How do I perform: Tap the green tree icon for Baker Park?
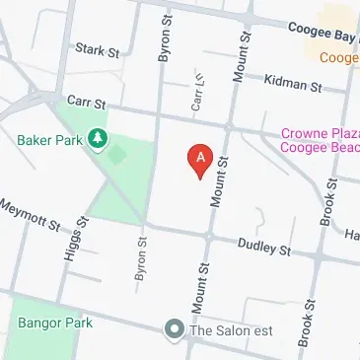(x=97, y=141)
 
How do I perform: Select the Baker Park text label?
(x=47, y=140)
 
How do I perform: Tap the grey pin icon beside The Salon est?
(x=175, y=329)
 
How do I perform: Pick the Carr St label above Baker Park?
(x=86, y=102)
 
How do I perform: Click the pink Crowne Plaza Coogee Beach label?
(x=320, y=141)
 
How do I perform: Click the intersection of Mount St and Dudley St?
(x=209, y=238)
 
